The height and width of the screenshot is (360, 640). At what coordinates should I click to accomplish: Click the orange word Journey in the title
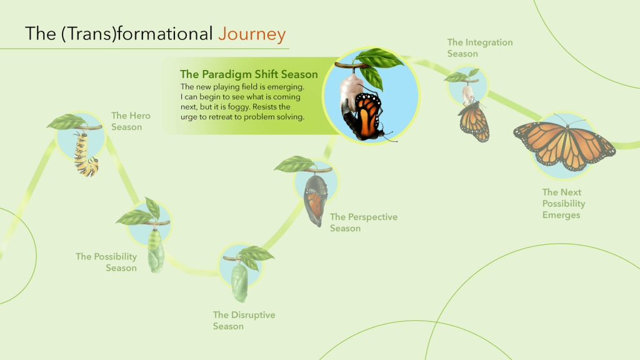tap(252, 34)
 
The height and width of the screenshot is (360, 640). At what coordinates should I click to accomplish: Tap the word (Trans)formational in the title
tap(137, 34)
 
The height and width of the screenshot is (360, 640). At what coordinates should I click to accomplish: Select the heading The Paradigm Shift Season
tap(249, 74)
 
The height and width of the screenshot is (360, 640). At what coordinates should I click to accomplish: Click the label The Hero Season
tap(131, 121)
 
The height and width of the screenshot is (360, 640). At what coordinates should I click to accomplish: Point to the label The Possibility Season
tap(106, 262)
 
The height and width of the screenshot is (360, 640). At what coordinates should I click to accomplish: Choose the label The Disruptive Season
tap(244, 321)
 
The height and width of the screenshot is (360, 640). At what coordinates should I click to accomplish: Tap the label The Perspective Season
tap(364, 222)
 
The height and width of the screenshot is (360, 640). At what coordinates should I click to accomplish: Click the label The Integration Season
tap(480, 47)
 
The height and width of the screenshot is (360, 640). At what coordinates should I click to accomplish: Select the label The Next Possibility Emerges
tap(564, 203)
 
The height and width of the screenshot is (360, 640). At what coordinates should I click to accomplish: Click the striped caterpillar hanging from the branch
tap(86, 154)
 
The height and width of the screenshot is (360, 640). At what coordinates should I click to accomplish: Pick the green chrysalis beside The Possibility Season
tap(156, 250)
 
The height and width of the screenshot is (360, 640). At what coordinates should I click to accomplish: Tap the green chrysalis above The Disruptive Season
tap(239, 282)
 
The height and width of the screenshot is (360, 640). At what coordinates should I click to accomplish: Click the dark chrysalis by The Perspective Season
tap(316, 199)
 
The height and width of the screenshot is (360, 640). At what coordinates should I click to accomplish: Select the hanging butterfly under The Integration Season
tap(474, 122)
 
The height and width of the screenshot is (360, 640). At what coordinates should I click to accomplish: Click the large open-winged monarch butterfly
tap(564, 144)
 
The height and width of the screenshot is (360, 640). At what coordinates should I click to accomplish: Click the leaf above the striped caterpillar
tap(66, 121)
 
